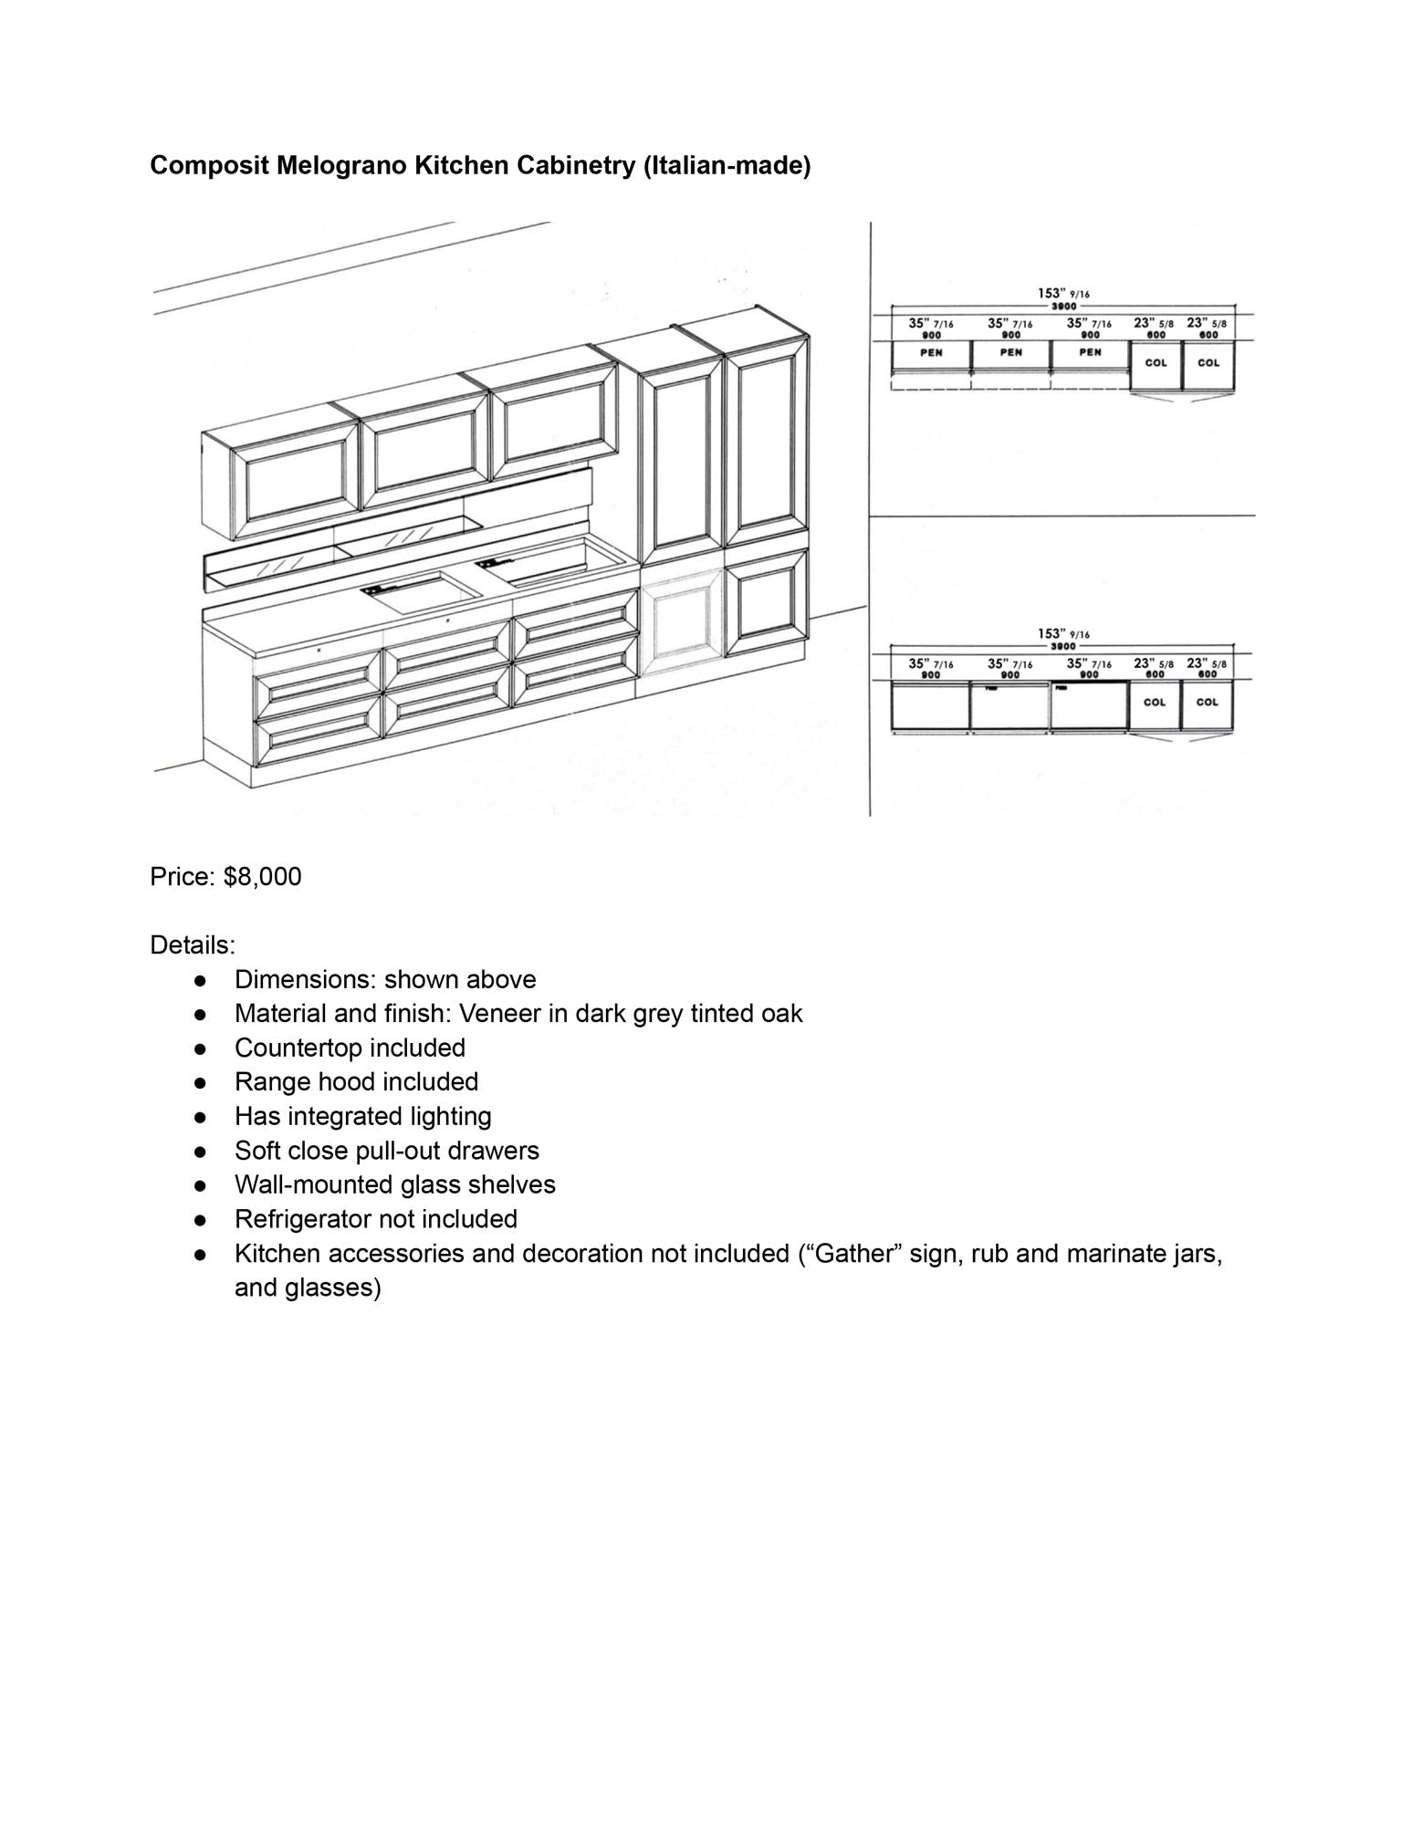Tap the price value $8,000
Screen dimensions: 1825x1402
pyautogui.click(x=262, y=877)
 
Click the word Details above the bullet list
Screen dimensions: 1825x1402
pyautogui.click(x=192, y=944)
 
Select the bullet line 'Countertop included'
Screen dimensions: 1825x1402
pyautogui.click(x=350, y=1048)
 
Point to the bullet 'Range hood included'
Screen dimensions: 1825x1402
pyautogui.click(x=356, y=1082)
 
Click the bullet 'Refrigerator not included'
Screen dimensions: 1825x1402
pyautogui.click(x=375, y=1219)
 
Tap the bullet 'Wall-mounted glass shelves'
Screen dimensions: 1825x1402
pyautogui.click(x=394, y=1184)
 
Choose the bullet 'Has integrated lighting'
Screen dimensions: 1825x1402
pyautogui.click(x=362, y=1116)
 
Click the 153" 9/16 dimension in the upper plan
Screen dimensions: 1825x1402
pyautogui.click(x=1063, y=294)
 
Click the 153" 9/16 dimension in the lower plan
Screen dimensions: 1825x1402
pyautogui.click(x=1063, y=634)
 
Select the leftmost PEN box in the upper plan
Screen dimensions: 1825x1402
pyautogui.click(x=931, y=354)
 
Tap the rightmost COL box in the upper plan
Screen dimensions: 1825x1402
pyautogui.click(x=1208, y=363)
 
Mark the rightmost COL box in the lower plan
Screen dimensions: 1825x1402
pyautogui.click(x=1207, y=703)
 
